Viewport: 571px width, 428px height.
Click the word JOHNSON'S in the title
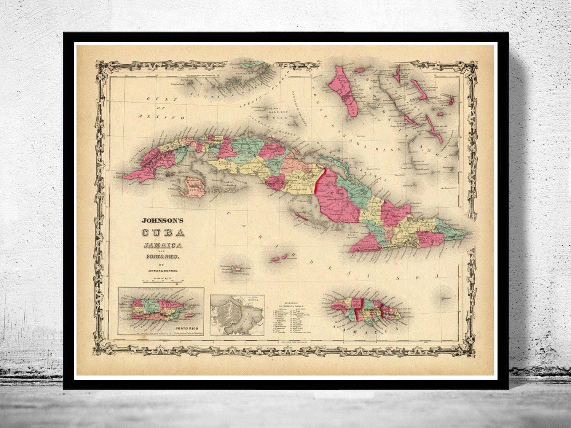pyautogui.click(x=158, y=220)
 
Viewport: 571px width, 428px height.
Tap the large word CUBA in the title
pyautogui.click(x=157, y=232)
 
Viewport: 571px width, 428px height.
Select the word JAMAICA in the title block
pyautogui.click(x=158, y=244)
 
